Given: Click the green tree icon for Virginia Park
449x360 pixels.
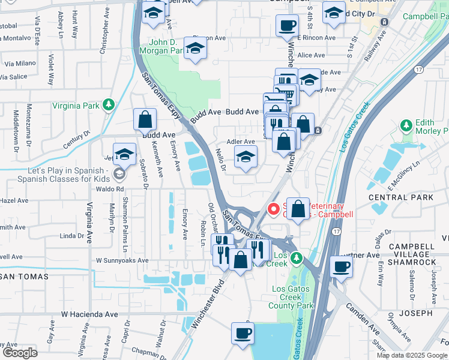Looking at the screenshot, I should pos(108,105).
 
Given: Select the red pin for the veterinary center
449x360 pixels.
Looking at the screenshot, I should pos(274,209).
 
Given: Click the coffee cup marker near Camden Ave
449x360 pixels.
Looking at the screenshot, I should pos(342,267).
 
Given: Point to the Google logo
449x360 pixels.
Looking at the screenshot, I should pos(20,353).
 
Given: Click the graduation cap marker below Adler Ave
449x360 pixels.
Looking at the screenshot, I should pos(246,158).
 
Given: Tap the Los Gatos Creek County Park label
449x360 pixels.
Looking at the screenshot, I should pos(293,297).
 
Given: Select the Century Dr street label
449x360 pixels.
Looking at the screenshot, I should pos(79,140).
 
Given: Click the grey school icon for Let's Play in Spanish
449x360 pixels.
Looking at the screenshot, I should pos(119,173).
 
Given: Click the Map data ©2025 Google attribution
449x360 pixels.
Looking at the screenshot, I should pos(412,355).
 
